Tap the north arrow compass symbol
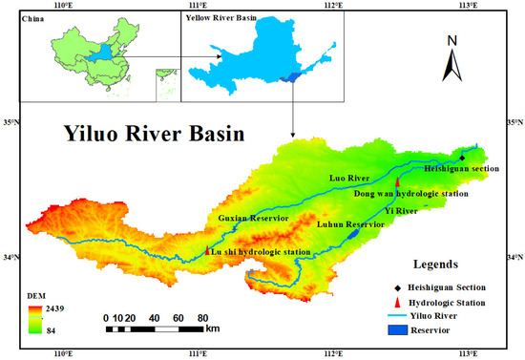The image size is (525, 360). [452, 58]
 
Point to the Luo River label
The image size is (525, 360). [350, 178]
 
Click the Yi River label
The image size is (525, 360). [413, 209]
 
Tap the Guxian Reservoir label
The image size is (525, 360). [254, 219]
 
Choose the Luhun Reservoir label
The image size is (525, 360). [350, 223]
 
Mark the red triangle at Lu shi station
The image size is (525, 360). [208, 251]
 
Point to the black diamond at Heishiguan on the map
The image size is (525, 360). [463, 158]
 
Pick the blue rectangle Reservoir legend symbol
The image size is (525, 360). [396, 331]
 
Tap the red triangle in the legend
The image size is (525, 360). [396, 301]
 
